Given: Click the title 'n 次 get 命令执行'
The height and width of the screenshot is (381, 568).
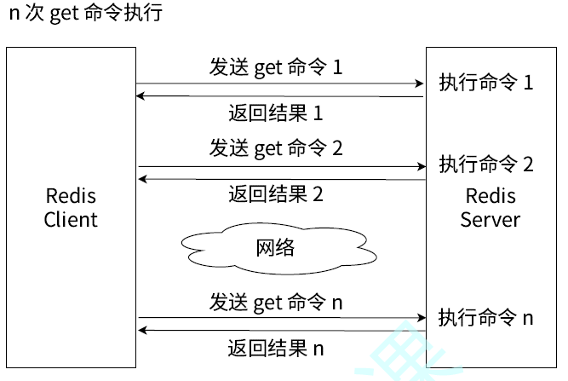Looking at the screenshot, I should [x=85, y=14].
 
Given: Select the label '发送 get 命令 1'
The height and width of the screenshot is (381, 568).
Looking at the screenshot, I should [x=276, y=66].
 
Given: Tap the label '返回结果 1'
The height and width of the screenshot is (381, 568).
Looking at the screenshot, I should [x=276, y=113].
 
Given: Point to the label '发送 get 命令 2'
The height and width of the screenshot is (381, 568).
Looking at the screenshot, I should [x=276, y=147].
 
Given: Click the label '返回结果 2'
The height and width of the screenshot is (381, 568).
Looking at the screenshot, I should [x=276, y=193].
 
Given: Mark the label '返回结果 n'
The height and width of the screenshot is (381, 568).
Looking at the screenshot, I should [x=276, y=348].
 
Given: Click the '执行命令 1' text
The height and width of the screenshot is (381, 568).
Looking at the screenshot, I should [x=485, y=83].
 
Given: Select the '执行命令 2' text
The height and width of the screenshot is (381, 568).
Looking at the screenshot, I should [x=485, y=165].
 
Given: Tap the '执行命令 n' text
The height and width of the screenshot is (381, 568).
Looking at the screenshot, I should [x=485, y=318].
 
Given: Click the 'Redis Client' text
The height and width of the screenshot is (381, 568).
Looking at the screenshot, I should [x=71, y=208].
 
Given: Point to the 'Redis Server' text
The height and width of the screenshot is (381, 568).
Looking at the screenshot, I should [x=490, y=207].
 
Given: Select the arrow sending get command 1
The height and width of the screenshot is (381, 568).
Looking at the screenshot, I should [x=280, y=84].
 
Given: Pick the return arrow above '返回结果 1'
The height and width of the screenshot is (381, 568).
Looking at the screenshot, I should [x=280, y=97].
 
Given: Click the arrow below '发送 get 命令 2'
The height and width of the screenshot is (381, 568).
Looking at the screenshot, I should [x=280, y=166].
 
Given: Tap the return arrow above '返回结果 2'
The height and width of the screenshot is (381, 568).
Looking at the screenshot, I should [x=280, y=179].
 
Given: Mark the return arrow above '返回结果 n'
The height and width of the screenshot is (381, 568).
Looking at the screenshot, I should [x=280, y=330].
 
